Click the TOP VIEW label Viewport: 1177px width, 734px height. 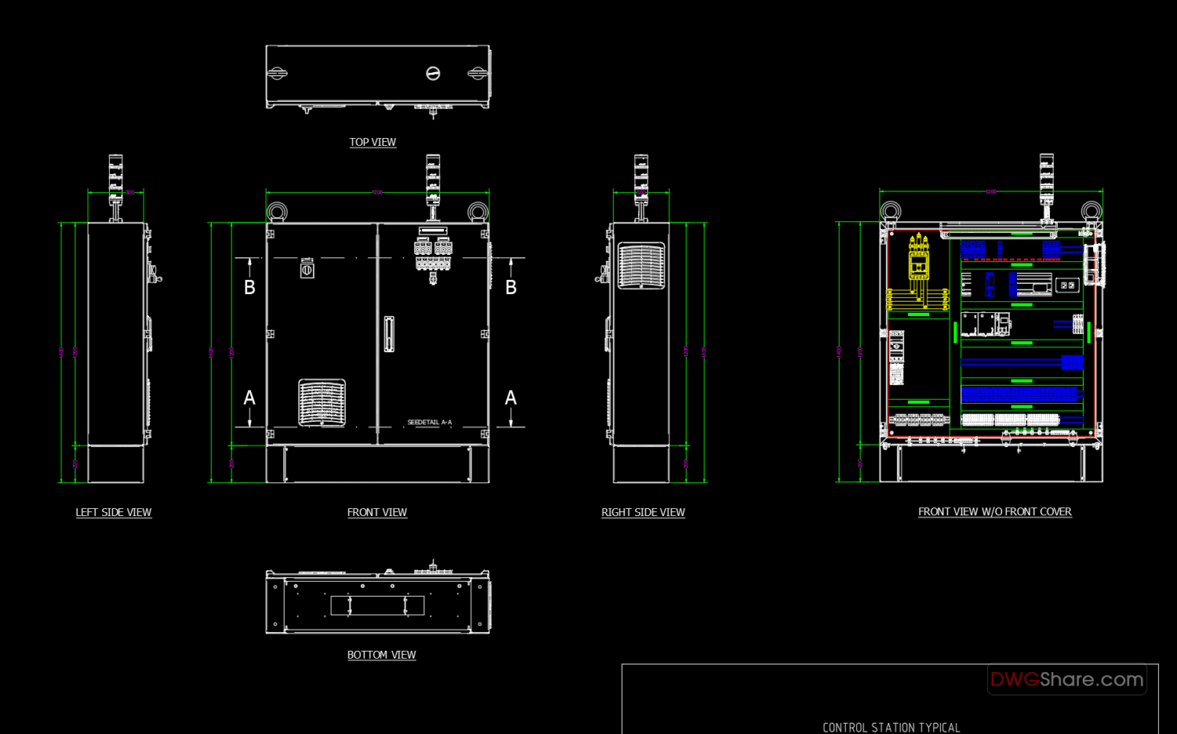point(373,142)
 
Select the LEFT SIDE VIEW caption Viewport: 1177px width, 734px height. point(114,512)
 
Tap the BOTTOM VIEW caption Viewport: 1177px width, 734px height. point(381,655)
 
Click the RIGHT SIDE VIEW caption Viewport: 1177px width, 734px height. point(643,512)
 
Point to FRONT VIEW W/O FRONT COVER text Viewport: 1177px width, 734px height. point(994,511)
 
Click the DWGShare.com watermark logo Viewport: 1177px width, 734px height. point(1066,679)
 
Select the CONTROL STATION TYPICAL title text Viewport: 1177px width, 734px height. point(891,727)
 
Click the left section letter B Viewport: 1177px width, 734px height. point(250,288)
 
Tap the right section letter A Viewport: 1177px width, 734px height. point(511,398)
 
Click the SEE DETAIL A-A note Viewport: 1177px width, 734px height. point(429,423)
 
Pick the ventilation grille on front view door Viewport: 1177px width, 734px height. point(322,403)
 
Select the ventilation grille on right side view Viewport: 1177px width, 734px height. point(641,266)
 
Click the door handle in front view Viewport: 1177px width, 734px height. point(388,334)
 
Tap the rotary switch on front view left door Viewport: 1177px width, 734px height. point(307,268)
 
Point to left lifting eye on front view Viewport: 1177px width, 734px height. point(277,212)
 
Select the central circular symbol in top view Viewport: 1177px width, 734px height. point(432,73)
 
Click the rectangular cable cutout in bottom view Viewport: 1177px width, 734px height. point(377,605)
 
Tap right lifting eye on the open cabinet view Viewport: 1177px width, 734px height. point(1091,211)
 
